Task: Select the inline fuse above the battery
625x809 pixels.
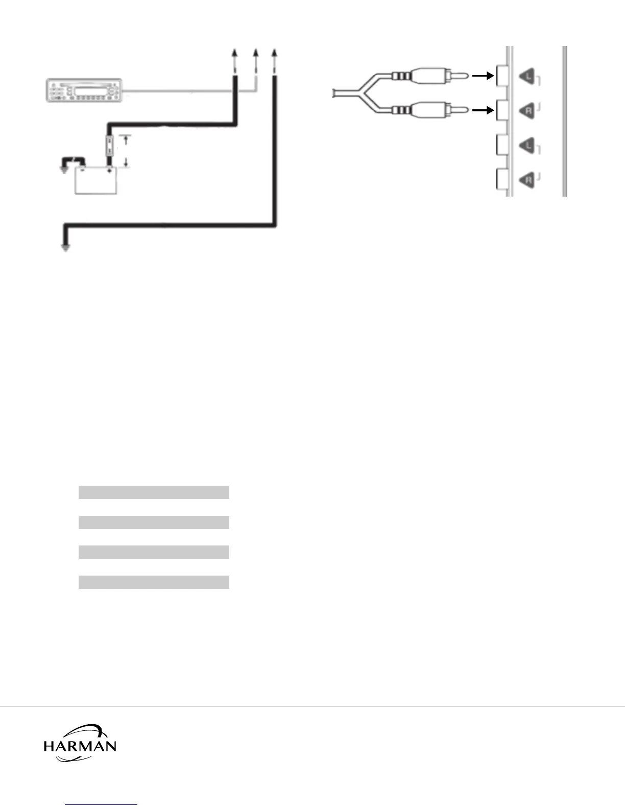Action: tap(109, 146)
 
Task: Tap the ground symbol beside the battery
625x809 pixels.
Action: tap(64, 169)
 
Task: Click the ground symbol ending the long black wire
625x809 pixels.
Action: tap(65, 247)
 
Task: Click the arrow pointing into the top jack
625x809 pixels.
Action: tap(483, 76)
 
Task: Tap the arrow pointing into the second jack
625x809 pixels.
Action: tap(483, 110)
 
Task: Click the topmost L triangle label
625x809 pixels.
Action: tap(527, 77)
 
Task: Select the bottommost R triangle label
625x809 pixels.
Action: tap(527, 180)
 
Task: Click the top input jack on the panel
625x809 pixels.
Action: tap(501, 77)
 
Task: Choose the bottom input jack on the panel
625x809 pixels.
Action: tap(501, 180)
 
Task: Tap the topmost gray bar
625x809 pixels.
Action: tap(154, 492)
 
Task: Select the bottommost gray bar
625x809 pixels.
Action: tap(154, 582)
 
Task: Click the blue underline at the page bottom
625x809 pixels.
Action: tap(102, 805)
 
